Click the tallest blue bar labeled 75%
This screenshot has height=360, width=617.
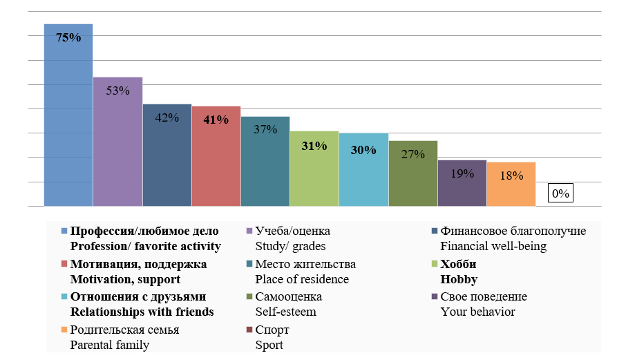coord(68,117)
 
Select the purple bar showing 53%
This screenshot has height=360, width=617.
coord(117,145)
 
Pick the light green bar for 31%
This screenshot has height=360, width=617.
coord(314,173)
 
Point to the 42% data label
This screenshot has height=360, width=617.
coord(167,117)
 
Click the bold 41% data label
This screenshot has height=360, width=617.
coord(216,120)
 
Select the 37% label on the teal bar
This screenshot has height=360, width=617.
coord(265,129)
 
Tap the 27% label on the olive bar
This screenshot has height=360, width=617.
coord(412,154)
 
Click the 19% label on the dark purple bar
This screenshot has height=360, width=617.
coord(462,173)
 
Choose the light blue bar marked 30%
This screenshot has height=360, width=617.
coord(363,173)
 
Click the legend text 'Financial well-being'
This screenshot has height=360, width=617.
coord(493,246)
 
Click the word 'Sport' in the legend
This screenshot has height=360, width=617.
coord(269,345)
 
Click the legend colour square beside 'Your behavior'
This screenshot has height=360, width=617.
coord(434,297)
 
